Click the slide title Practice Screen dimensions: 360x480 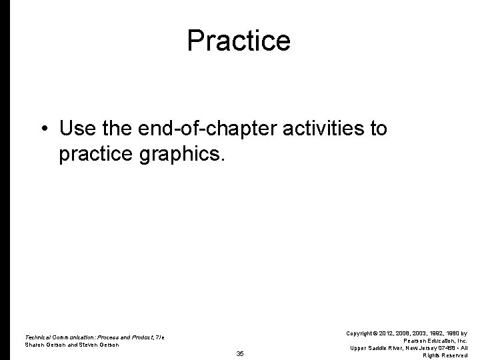tap(239, 41)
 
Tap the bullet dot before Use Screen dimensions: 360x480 tap(42, 128)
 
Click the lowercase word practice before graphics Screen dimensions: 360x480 tap(96, 155)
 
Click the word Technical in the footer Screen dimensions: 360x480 tap(39, 337)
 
